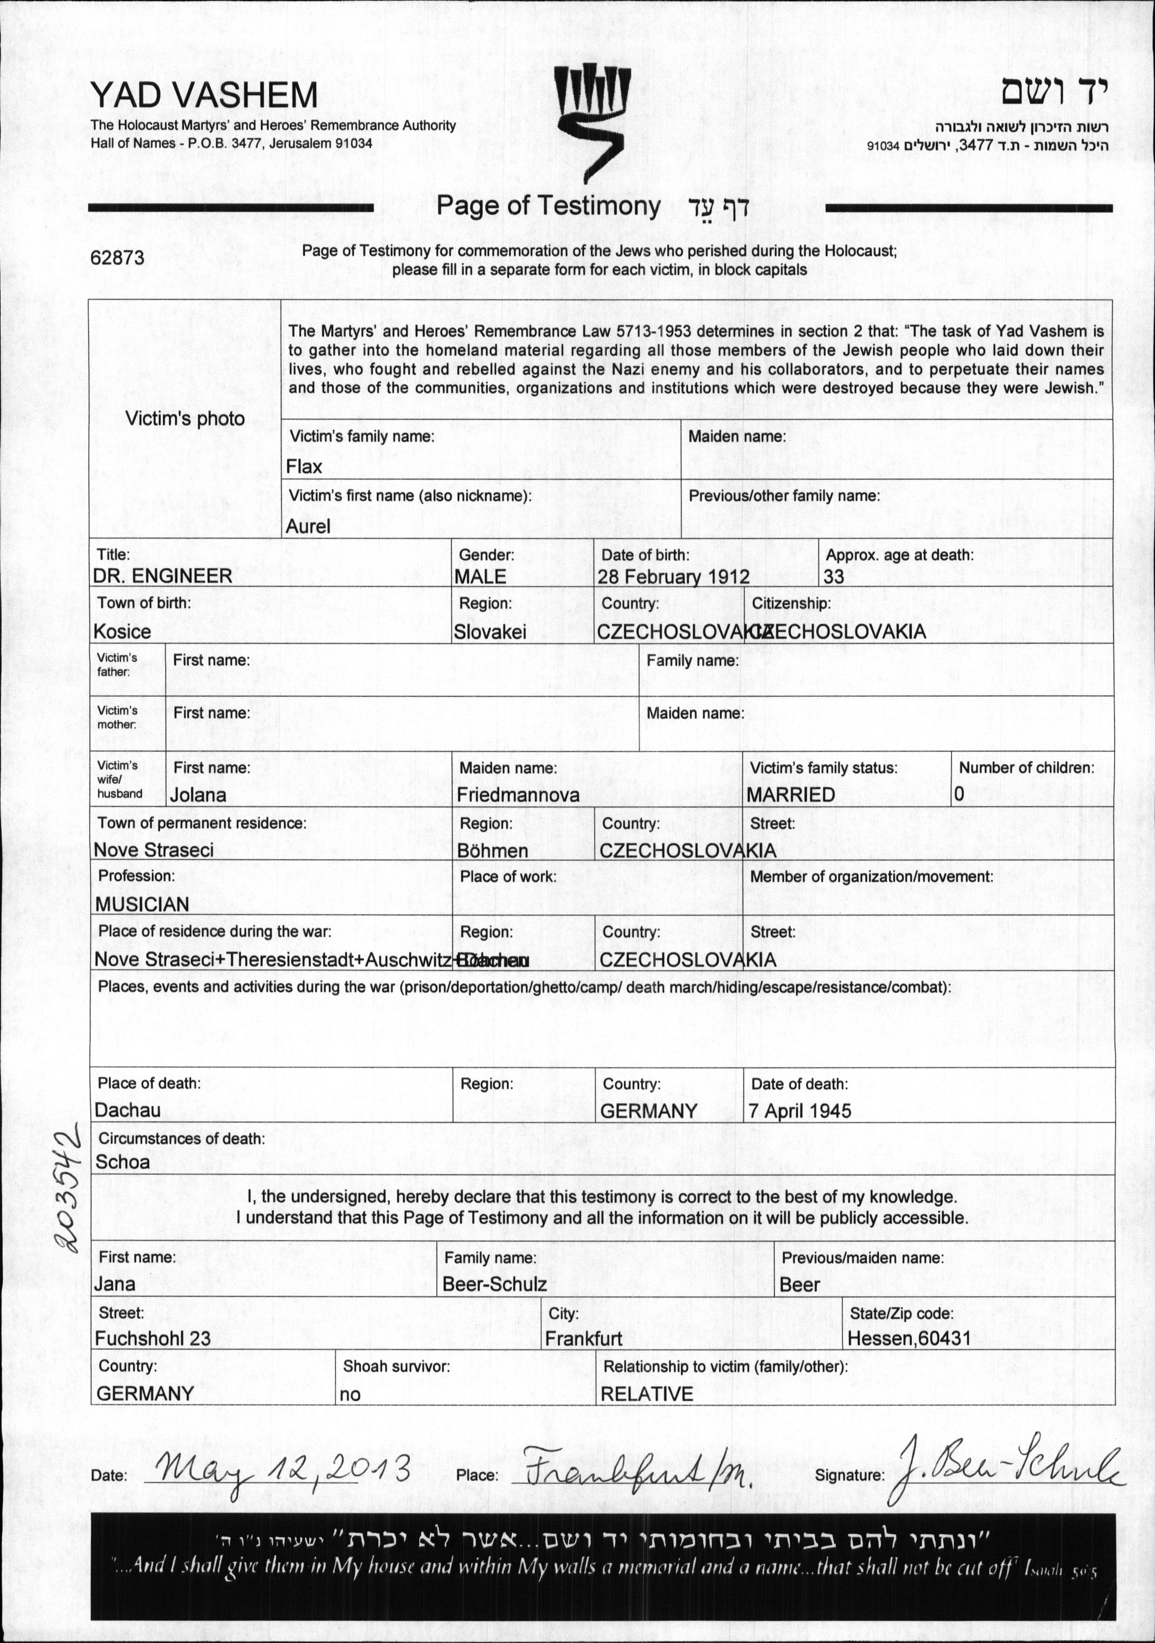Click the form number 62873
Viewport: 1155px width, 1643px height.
[117, 258]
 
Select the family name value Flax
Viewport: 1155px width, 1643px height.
[304, 467]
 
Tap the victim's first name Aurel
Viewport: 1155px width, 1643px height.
[308, 527]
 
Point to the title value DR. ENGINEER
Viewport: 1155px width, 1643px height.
[163, 577]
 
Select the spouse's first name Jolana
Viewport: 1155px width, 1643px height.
[198, 795]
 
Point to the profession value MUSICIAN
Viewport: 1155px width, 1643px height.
[143, 904]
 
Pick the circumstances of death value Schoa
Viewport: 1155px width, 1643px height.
[123, 1162]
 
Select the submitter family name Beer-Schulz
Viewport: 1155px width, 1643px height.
[495, 1284]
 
